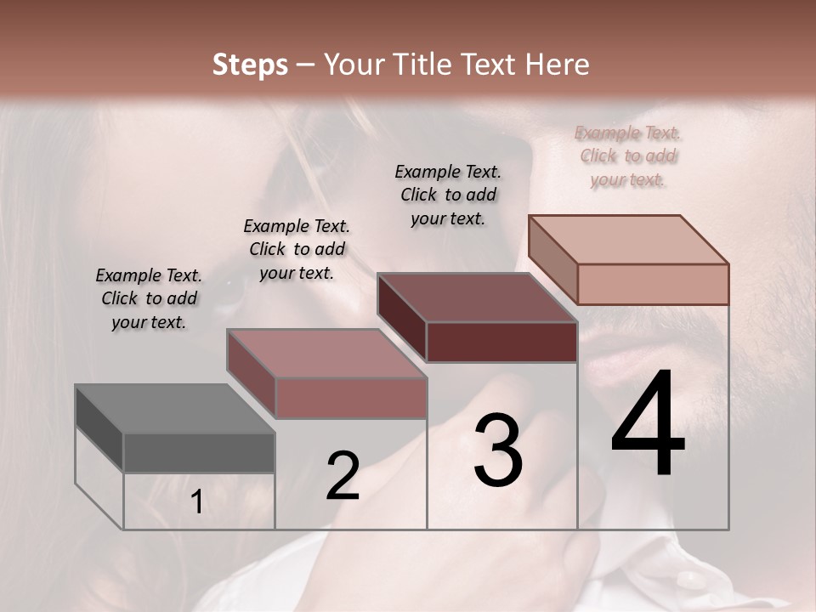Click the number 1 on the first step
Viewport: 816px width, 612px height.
[197, 502]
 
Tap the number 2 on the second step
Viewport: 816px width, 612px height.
[343, 475]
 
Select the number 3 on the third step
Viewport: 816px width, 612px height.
[498, 450]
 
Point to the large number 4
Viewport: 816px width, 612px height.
[648, 425]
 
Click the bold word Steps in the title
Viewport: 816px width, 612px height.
[250, 65]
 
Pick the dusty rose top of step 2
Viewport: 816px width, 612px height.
[326, 354]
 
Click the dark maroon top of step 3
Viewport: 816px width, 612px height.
[476, 297]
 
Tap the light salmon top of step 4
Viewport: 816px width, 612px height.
[629, 240]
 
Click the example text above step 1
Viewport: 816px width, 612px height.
[149, 299]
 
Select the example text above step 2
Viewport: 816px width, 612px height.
[297, 250]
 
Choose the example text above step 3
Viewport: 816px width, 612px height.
[448, 195]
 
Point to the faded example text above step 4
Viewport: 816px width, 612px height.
[628, 156]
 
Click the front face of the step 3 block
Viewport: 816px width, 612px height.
[501, 343]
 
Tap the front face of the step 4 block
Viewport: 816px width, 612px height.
[653, 284]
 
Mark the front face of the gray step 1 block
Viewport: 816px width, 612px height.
[199, 453]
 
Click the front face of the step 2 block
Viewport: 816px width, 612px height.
[351, 398]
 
